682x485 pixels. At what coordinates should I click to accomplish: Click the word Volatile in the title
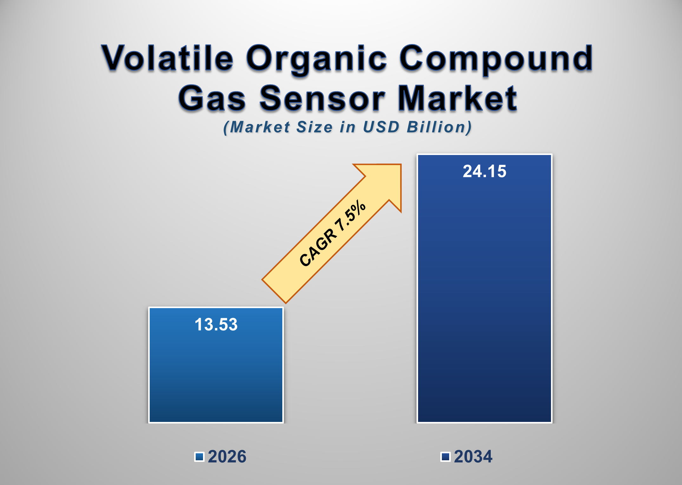[x=167, y=58]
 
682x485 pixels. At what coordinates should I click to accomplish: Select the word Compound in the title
[x=495, y=58]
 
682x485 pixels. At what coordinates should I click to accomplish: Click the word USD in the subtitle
[x=381, y=127]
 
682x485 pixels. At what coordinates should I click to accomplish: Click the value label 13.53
[x=216, y=325]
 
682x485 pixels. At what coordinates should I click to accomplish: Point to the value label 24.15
[x=484, y=171]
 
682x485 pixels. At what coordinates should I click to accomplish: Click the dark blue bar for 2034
[x=484, y=301]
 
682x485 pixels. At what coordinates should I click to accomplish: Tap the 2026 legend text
[x=227, y=457]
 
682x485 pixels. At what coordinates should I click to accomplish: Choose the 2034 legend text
[x=473, y=457]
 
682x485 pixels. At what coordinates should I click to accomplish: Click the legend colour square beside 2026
[x=199, y=457]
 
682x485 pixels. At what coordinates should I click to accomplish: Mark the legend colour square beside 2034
[x=445, y=457]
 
